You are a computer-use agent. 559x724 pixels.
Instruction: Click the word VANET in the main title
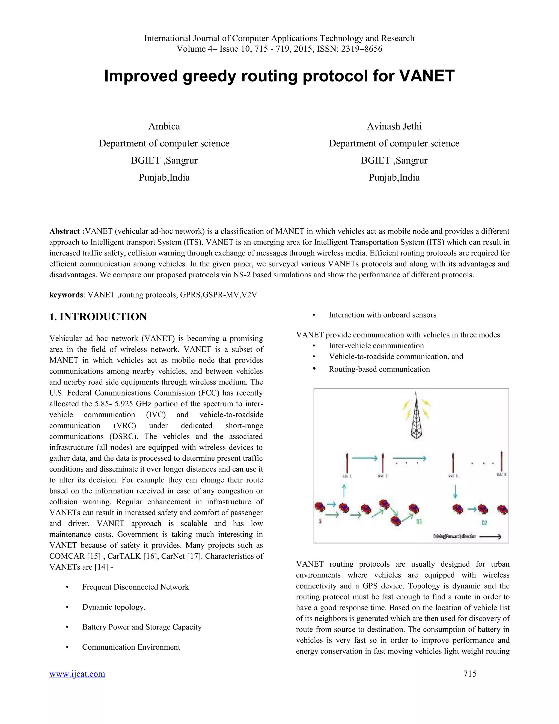click(427, 76)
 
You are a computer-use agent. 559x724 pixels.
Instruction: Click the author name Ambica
click(164, 126)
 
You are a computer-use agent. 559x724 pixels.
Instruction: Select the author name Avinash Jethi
click(394, 126)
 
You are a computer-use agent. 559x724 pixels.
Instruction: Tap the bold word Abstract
click(65, 231)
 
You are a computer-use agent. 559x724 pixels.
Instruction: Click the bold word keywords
click(66, 295)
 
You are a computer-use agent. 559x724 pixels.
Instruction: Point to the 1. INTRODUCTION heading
click(98, 317)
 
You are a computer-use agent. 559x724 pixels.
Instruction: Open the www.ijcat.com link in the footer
click(77, 674)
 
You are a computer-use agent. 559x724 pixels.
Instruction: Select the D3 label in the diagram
click(419, 522)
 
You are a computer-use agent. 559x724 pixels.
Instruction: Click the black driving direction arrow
click(490, 536)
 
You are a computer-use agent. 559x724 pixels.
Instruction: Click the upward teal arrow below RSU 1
click(344, 491)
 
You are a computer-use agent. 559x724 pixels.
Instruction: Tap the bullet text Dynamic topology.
click(114, 607)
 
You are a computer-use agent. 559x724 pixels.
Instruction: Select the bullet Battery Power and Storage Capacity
click(142, 627)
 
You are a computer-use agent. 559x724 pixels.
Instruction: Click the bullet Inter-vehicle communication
click(376, 346)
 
